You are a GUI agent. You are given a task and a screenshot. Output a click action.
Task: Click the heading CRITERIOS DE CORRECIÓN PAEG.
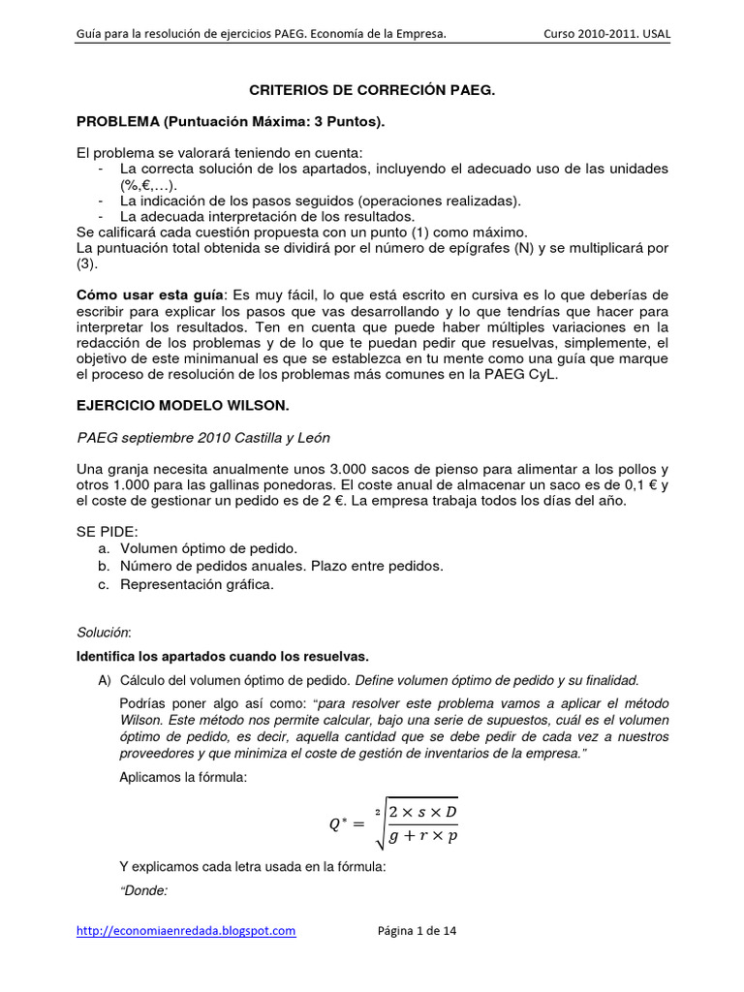coord(372,89)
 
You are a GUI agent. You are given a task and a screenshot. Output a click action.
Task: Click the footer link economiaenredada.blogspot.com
coord(186,931)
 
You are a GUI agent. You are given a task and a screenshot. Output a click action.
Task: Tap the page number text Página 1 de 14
coord(417,931)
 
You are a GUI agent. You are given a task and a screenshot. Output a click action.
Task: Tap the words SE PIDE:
coord(108,531)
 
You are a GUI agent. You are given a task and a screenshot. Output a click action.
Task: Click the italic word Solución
coord(103,632)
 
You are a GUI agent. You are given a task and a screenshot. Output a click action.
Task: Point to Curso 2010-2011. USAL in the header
coord(607,35)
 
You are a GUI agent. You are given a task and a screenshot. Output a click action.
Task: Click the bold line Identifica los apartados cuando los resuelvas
coord(222,656)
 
